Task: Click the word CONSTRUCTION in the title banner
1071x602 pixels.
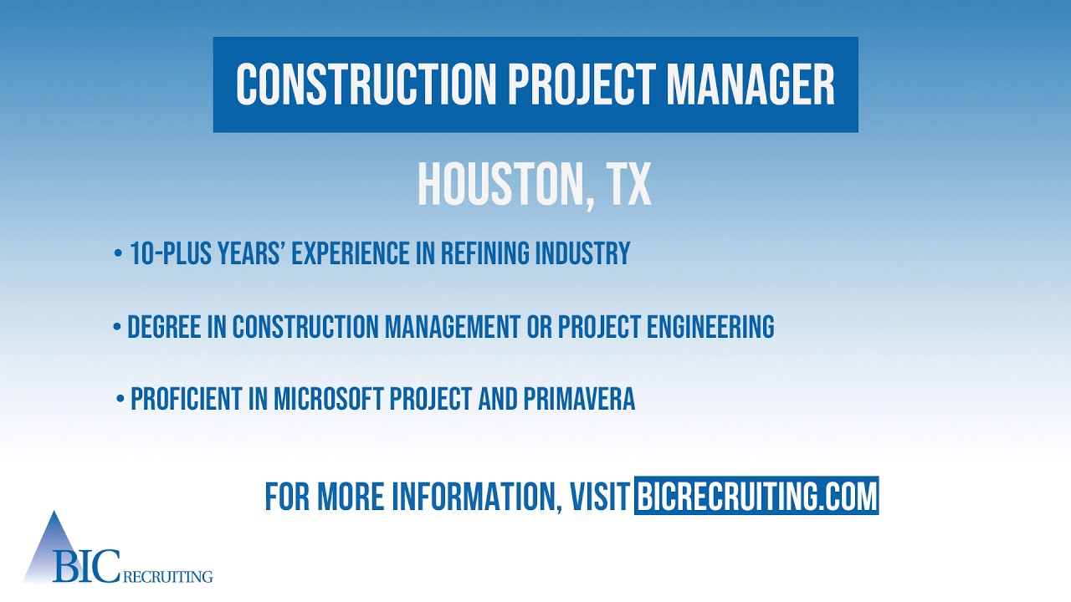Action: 366,84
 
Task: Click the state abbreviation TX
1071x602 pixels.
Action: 628,185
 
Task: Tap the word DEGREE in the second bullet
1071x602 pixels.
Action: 165,327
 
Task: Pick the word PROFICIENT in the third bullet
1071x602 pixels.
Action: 187,400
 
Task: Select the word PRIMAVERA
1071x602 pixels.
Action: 579,400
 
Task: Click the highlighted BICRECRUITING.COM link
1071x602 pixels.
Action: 756,496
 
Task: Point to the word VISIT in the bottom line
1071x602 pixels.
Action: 599,497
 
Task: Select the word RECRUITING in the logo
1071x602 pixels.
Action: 167,576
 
